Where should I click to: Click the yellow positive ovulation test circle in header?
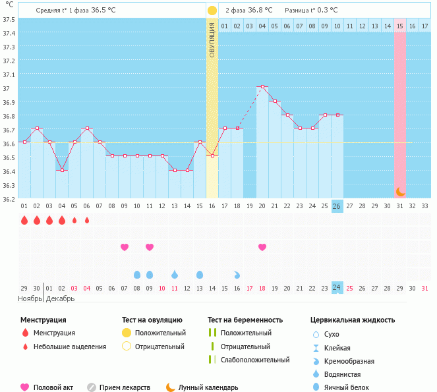click(212, 11)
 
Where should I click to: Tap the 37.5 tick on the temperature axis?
click(9, 19)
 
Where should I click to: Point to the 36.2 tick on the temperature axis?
click(9, 199)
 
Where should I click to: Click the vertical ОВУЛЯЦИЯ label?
click(212, 40)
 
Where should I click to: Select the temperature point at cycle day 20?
click(262, 87)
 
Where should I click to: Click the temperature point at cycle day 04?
click(62, 170)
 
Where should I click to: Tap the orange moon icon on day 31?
click(400, 192)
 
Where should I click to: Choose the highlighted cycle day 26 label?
click(337, 206)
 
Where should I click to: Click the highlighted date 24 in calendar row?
click(337, 287)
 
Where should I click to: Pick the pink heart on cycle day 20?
click(262, 247)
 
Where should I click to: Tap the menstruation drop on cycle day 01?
click(24, 220)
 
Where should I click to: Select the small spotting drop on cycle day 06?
click(87, 220)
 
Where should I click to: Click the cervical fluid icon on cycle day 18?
click(237, 274)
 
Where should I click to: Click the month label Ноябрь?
click(30, 298)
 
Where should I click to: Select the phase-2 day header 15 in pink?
click(400, 26)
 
